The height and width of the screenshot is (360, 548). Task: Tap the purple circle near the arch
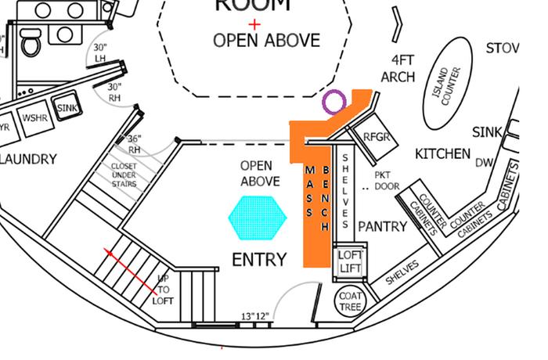tap(333, 100)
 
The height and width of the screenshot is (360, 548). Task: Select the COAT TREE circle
tap(349, 301)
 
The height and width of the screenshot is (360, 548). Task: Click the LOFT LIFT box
tap(348, 261)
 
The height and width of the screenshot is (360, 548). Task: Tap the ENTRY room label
tap(259, 260)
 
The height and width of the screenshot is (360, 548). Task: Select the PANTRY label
tap(382, 227)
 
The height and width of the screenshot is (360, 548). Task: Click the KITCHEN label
tap(442, 153)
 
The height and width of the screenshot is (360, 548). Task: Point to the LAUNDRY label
tap(29, 160)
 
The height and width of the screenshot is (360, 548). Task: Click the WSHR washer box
tap(34, 118)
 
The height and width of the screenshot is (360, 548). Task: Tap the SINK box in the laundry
tap(67, 108)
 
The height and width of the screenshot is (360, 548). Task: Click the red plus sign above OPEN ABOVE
tap(254, 24)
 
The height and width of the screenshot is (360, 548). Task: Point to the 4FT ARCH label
tap(398, 68)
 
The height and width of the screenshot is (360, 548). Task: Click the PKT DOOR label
tap(388, 181)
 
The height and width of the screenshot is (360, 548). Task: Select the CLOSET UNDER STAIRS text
tap(124, 175)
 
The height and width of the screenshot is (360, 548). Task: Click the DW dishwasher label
tap(485, 163)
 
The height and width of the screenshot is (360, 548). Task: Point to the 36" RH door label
tap(134, 144)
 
